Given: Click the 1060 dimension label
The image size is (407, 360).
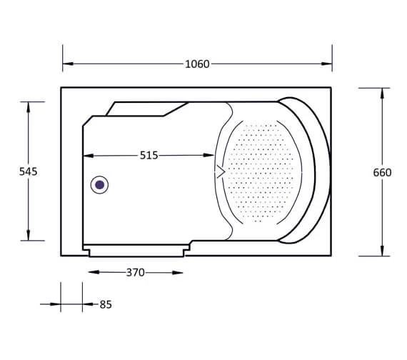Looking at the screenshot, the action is coord(197,64).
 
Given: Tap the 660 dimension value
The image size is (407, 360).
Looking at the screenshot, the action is coord(382,172).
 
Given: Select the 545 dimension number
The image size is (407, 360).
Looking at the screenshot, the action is coord(29,171).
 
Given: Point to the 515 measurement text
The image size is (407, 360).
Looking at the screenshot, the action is coord(149,155).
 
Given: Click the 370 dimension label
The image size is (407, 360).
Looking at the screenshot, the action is coord(135,272).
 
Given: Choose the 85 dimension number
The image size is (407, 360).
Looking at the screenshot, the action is coord(106,304).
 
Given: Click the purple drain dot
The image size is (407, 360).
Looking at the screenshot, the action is coord(100,185).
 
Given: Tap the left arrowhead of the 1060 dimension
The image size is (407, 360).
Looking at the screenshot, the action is coord(68,64).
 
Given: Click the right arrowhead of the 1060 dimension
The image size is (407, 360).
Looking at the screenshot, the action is coord(326,64).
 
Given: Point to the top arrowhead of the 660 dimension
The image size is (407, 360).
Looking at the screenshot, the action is coord(382,94).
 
